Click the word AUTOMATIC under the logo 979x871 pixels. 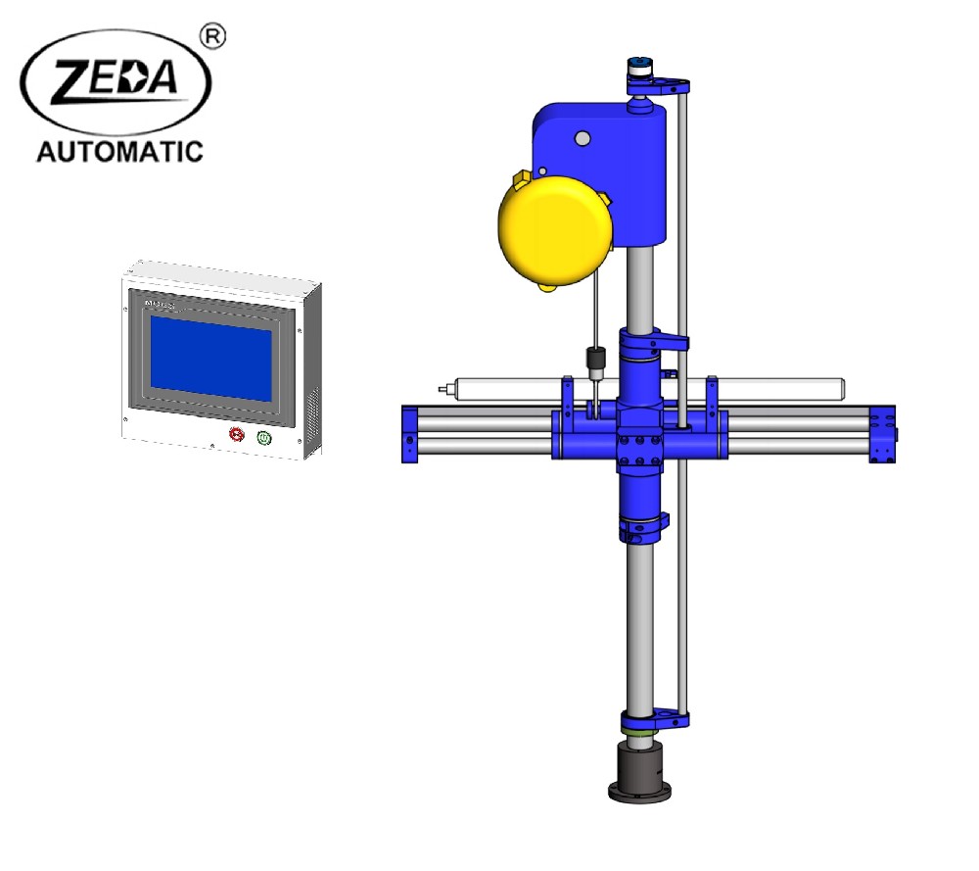point(119,151)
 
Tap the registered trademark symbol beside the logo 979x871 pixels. point(212,36)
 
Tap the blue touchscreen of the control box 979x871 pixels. point(211,358)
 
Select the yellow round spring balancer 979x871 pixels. point(555,230)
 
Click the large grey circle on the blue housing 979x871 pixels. point(583,139)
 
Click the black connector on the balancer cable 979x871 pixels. point(591,360)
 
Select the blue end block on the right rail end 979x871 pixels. point(883,435)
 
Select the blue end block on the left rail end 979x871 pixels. point(408,433)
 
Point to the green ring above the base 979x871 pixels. point(641,727)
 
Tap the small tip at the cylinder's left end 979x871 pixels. point(443,389)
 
